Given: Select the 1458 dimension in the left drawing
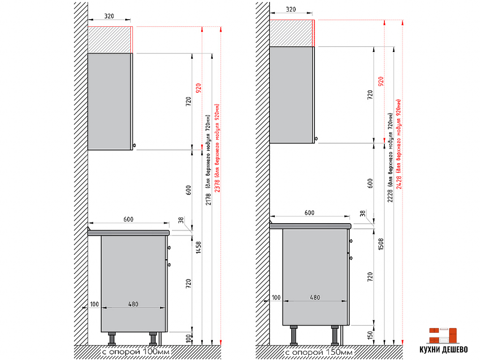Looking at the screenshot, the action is [x=199, y=247].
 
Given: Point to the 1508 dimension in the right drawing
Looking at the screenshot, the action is [x=381, y=244].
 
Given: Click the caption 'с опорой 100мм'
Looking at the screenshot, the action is [x=136, y=352].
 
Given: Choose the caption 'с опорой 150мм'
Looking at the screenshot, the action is [x=319, y=352].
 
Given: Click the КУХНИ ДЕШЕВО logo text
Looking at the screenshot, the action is [x=443, y=350].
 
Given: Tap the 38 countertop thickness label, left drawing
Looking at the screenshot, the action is [x=181, y=220].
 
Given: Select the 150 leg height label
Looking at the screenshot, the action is [x=370, y=335].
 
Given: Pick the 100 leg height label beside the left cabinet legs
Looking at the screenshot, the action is [x=188, y=338].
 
